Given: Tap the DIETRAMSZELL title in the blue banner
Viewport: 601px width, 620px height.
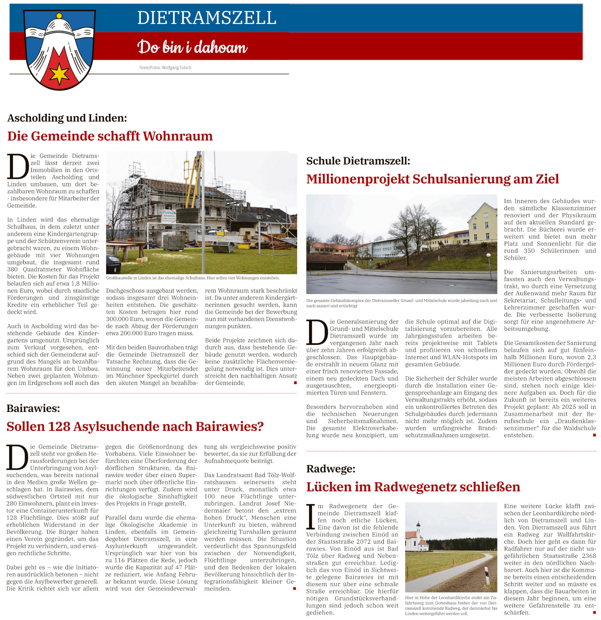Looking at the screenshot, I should (206, 18).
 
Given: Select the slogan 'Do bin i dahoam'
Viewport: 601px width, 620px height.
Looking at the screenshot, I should (192, 47).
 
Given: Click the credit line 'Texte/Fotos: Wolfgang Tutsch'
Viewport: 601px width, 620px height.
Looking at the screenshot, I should (165, 68).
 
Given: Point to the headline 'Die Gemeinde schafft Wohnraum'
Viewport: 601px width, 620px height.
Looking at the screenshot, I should (110, 136).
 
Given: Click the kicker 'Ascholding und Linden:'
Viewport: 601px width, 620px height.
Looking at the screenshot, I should (67, 118).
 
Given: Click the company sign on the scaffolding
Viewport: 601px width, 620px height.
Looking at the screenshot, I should (169, 214).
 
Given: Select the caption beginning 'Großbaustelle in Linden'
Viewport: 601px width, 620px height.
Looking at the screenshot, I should (193, 278).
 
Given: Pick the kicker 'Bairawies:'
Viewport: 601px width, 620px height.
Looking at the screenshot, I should (33, 408).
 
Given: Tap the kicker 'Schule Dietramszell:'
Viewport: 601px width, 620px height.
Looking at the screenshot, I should (358, 161).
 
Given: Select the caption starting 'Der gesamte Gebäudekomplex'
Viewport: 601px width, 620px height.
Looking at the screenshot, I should (401, 303).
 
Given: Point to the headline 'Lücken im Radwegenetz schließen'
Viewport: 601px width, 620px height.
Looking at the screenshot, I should (413, 487).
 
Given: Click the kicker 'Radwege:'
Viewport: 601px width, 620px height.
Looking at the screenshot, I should (331, 469).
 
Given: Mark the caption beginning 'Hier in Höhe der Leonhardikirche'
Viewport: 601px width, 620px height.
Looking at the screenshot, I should (451, 605).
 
